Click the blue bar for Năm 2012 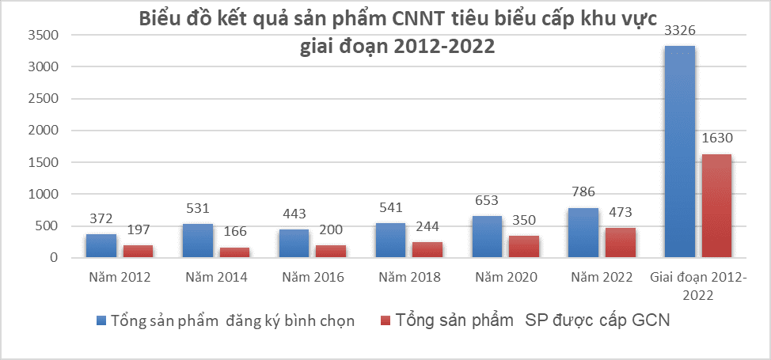tap(101, 245)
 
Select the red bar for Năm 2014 tap(234, 252)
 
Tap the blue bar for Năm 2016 tap(294, 243)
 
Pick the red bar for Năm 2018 tap(427, 249)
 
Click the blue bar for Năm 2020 tap(487, 237)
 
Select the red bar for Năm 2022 tap(621, 242)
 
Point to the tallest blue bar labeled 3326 tap(680, 151)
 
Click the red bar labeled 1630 tap(716, 206)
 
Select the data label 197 tap(138, 230)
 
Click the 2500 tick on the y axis tap(43, 99)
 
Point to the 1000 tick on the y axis tap(43, 194)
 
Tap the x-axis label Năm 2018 tap(409, 278)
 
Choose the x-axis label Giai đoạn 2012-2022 tap(699, 286)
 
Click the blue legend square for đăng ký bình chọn tap(100, 320)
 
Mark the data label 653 tap(488, 201)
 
